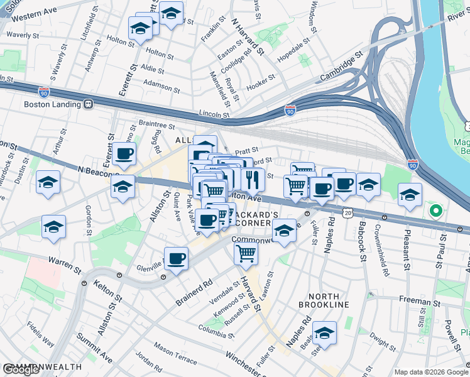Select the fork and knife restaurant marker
[253, 180]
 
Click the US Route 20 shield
[348, 214]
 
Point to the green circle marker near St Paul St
[434, 210]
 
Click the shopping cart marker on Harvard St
[246, 253]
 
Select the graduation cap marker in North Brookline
[324, 332]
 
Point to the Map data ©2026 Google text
[431, 372]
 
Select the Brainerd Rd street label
[194, 292]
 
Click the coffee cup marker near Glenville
[177, 258]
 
